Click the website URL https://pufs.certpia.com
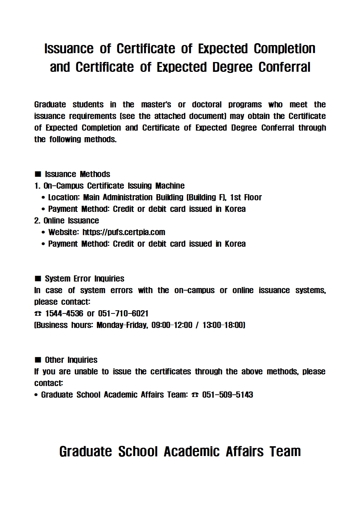tap(124, 232)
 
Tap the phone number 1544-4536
tap(64, 313)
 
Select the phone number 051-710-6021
tap(123, 313)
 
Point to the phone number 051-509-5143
tap(228, 395)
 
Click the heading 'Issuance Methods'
tap(77, 174)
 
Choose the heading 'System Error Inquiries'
tap(84, 279)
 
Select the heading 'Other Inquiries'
tap(71, 360)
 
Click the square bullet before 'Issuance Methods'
tap(38, 174)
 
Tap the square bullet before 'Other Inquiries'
tap(38, 360)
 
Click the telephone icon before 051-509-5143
tap(195, 395)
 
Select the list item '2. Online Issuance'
tap(66, 221)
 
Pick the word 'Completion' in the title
tap(284, 49)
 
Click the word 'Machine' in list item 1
tap(170, 186)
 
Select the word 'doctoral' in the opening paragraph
tap(206, 104)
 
